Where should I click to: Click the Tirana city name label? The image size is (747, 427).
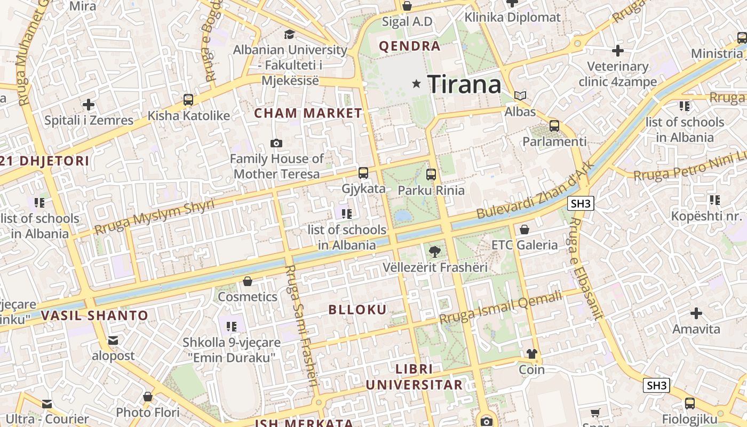(x=464, y=84)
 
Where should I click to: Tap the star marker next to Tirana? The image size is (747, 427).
(x=417, y=84)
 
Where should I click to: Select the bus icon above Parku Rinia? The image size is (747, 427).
(x=431, y=174)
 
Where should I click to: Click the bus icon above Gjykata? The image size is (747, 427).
(x=363, y=172)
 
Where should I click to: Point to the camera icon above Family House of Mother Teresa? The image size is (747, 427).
(x=276, y=143)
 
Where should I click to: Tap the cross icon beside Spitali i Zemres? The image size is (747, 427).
(x=89, y=104)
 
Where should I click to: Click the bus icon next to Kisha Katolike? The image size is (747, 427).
(x=188, y=99)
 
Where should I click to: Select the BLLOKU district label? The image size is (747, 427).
(x=357, y=310)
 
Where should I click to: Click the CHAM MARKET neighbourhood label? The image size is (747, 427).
(x=308, y=113)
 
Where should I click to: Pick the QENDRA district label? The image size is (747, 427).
(x=410, y=46)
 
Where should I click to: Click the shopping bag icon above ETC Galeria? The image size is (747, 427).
(x=525, y=230)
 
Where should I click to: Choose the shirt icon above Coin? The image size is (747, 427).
(x=532, y=353)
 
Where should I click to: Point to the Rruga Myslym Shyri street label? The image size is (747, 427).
(x=154, y=217)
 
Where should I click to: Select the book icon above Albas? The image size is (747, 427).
(x=520, y=96)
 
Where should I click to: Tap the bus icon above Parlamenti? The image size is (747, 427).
(x=554, y=126)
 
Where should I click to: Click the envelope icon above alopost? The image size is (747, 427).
(x=113, y=340)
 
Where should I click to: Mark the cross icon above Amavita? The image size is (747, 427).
(x=696, y=313)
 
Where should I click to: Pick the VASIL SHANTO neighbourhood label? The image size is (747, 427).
(x=94, y=315)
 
